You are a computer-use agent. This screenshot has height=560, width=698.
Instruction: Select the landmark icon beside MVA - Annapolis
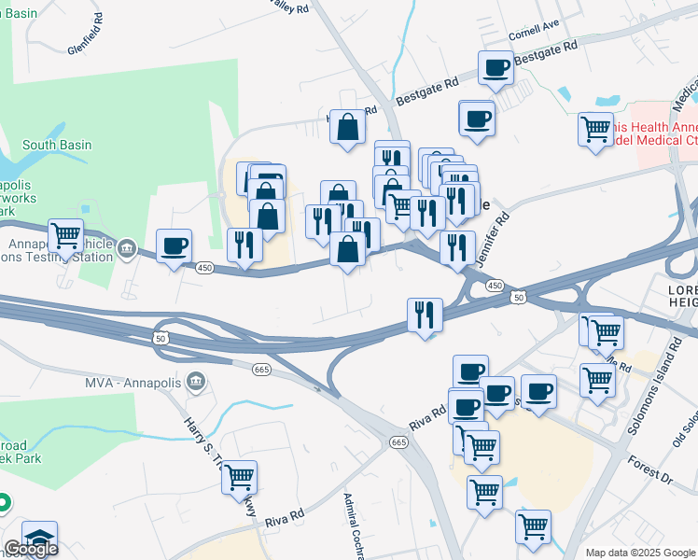coord(195,380)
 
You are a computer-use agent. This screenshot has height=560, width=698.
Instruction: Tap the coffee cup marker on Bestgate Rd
coord(496,68)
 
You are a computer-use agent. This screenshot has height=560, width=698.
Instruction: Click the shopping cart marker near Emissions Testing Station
coord(65,236)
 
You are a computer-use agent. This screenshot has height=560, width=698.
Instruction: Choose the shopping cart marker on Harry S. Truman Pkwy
coord(240,478)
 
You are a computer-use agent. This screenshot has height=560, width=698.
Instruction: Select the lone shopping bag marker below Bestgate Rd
coord(347,129)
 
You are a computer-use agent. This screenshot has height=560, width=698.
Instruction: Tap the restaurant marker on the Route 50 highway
coord(426,315)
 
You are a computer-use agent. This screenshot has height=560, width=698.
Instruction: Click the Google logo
coord(30,548)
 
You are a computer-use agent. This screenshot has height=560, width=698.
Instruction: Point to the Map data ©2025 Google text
coord(640,553)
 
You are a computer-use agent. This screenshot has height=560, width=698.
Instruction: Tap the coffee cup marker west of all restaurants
coord(174,246)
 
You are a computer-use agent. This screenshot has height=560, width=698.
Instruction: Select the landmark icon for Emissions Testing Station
coord(130,250)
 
